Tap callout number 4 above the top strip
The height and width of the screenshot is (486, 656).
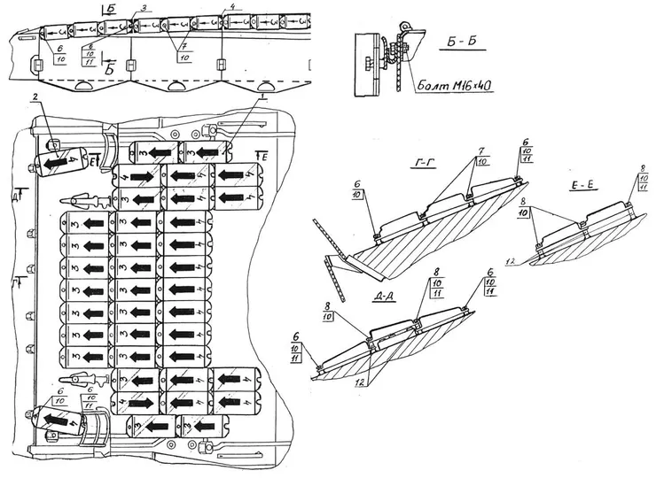(232, 7)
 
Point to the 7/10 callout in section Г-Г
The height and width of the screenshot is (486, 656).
(480, 156)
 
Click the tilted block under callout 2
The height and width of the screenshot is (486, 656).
(62, 164)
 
